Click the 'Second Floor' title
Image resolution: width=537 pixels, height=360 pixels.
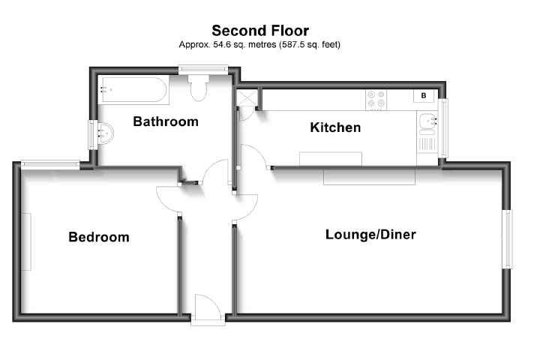(x=259, y=31)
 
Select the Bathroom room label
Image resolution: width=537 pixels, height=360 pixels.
(x=166, y=121)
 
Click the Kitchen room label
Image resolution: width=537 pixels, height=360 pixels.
(x=335, y=127)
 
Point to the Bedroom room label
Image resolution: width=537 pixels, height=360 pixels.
(x=98, y=237)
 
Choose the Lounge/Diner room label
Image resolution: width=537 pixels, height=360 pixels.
(x=370, y=235)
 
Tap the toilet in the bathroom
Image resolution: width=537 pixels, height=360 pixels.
(x=199, y=89)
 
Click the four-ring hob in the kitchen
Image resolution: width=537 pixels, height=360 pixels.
(x=376, y=99)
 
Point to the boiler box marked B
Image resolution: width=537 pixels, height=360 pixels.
(x=424, y=96)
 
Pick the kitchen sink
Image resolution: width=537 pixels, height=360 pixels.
(x=428, y=121)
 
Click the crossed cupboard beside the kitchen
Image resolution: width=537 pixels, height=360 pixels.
(x=247, y=98)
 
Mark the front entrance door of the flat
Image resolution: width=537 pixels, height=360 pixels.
(x=206, y=309)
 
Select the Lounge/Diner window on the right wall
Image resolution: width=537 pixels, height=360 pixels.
(x=508, y=238)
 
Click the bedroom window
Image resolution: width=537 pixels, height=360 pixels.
(x=50, y=163)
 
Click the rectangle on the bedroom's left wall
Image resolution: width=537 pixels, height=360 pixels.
(x=28, y=242)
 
